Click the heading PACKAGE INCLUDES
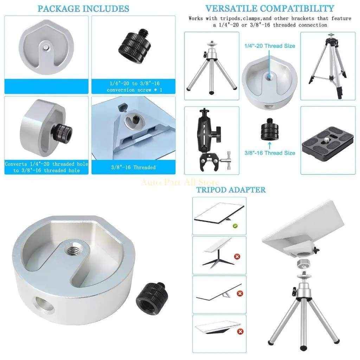pyautogui.click(x=83, y=8)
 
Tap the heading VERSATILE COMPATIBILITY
pyautogui.click(x=270, y=8)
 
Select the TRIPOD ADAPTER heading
pyautogui.click(x=231, y=190)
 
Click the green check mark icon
pyautogui.click(x=235, y=226)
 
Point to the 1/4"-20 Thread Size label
pyautogui.click(x=270, y=46)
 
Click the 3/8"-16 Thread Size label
pyautogui.click(x=270, y=153)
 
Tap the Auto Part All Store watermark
pyautogui.click(x=180, y=182)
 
